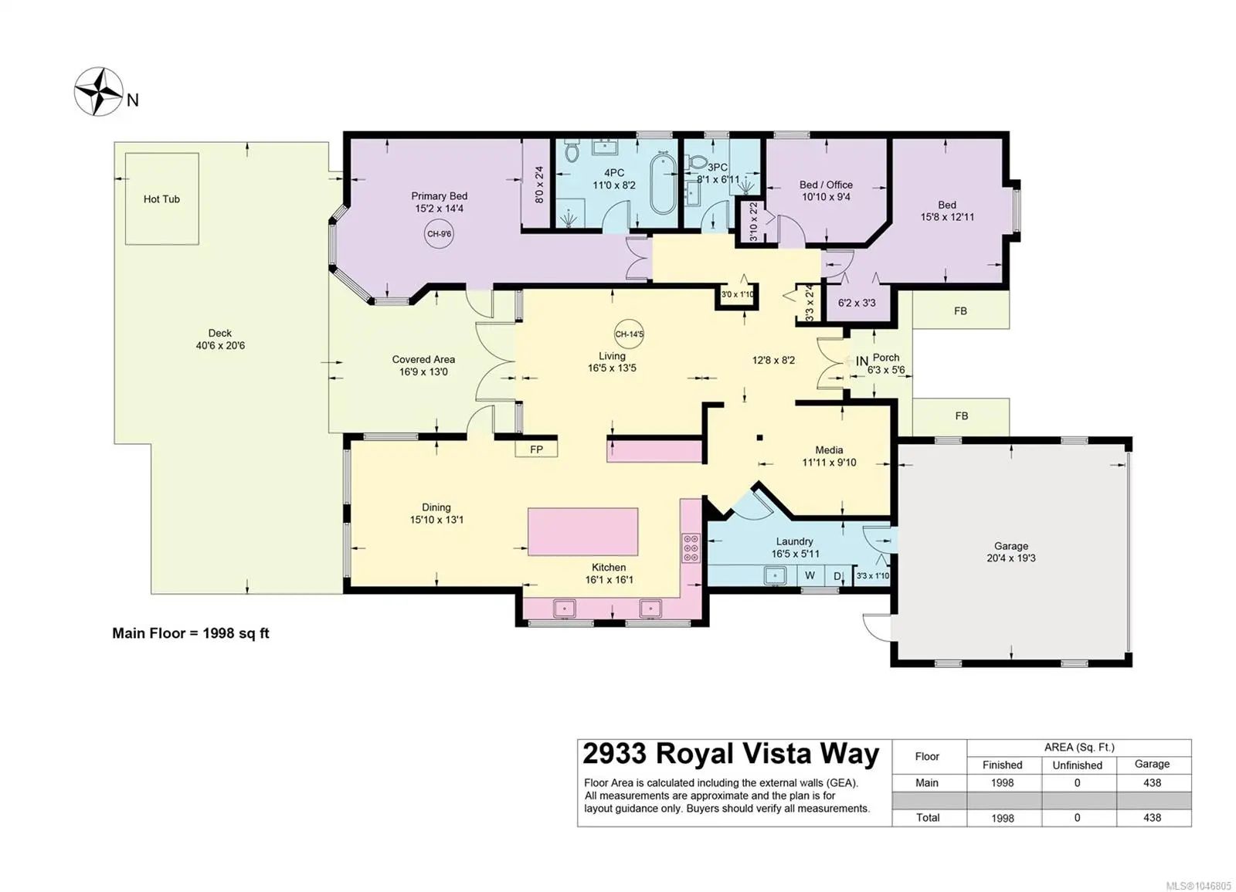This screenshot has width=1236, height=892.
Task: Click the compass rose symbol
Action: [x=99, y=92]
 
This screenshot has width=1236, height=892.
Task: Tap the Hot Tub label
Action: [x=161, y=199]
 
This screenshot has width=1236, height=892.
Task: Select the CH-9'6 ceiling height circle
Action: [x=440, y=234]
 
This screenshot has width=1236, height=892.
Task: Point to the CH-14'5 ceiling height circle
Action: [x=629, y=334]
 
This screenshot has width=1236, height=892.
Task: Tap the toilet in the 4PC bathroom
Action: [x=572, y=150]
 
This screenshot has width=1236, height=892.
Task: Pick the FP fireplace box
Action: [x=536, y=449]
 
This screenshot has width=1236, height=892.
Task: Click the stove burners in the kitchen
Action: [x=691, y=548]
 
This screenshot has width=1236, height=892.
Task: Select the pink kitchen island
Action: [x=582, y=532]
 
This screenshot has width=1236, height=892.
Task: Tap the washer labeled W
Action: [x=810, y=575]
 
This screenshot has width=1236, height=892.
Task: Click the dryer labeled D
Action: [x=837, y=576]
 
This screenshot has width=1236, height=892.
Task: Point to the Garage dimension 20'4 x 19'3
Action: [x=1011, y=558]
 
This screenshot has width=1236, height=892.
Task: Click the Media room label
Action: [x=829, y=450]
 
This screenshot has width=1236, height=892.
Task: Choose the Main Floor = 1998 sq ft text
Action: [x=191, y=633]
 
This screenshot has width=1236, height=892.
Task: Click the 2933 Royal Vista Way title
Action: [x=731, y=754]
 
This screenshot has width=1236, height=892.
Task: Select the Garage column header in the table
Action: [x=1152, y=764]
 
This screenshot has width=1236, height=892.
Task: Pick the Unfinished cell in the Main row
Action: [x=1077, y=783]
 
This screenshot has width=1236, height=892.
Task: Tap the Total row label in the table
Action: [x=928, y=818]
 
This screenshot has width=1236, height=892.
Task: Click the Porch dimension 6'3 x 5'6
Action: [x=886, y=370]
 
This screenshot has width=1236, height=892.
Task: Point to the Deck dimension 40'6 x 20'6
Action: [x=220, y=346]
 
